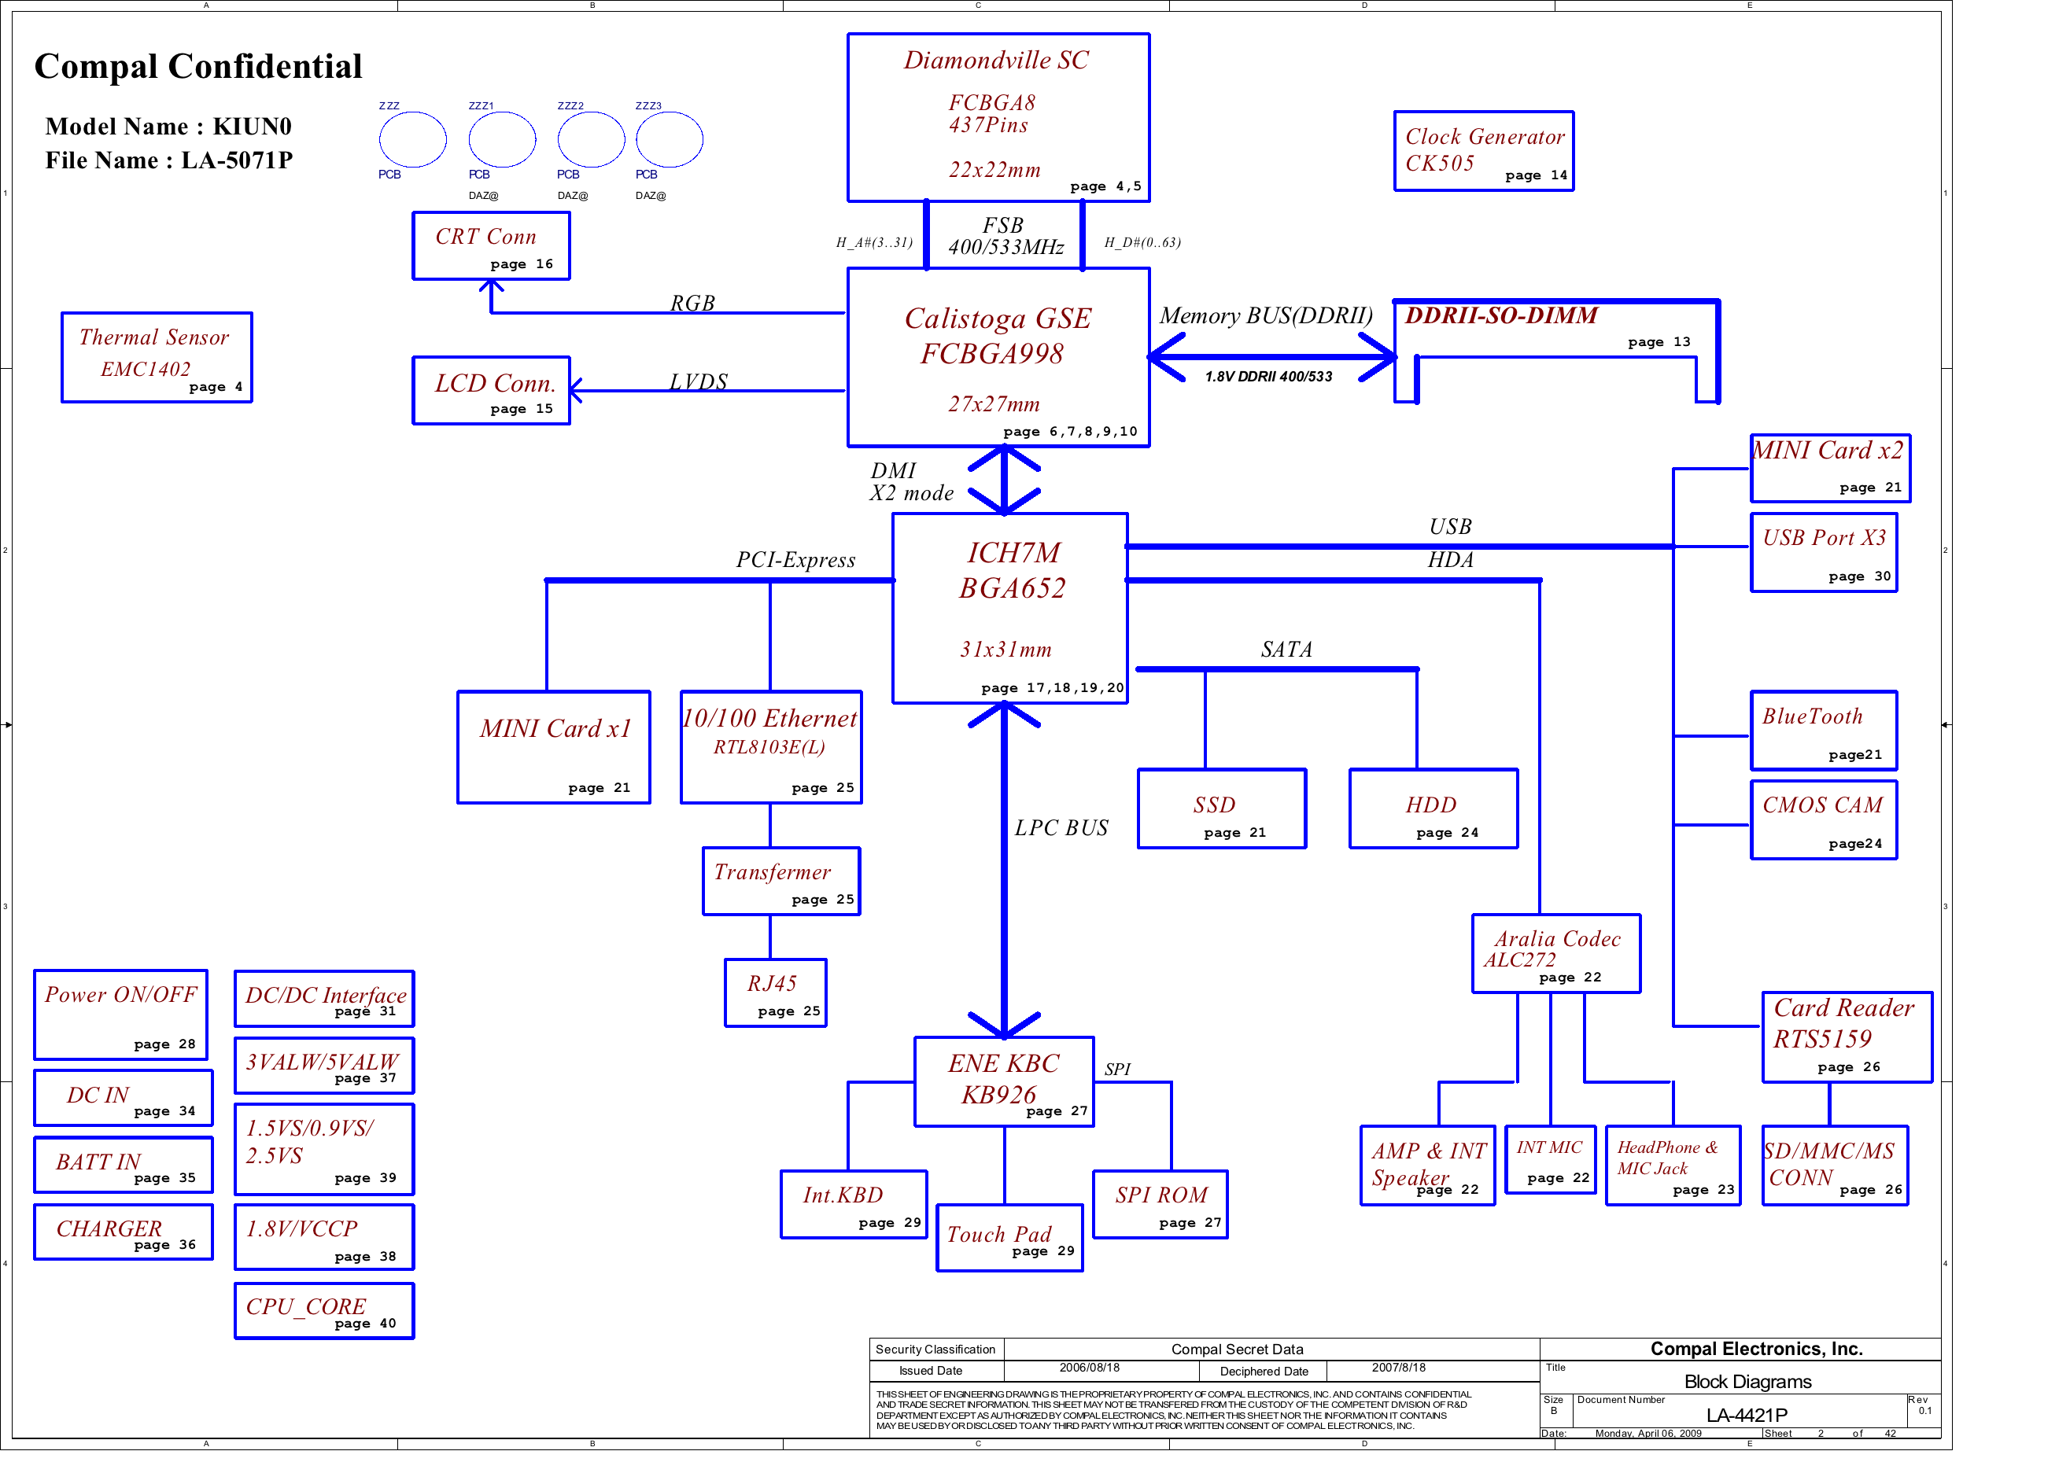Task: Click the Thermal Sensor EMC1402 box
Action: coord(156,357)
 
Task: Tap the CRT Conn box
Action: coord(492,245)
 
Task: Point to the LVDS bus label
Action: coord(698,381)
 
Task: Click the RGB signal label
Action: coord(692,303)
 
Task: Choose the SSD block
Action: coord(1222,808)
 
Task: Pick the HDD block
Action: coord(1434,808)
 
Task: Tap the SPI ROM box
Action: coord(1160,1204)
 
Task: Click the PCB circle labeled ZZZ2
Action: coord(591,140)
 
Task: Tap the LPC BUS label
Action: coord(1061,827)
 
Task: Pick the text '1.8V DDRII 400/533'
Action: coord(1268,377)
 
